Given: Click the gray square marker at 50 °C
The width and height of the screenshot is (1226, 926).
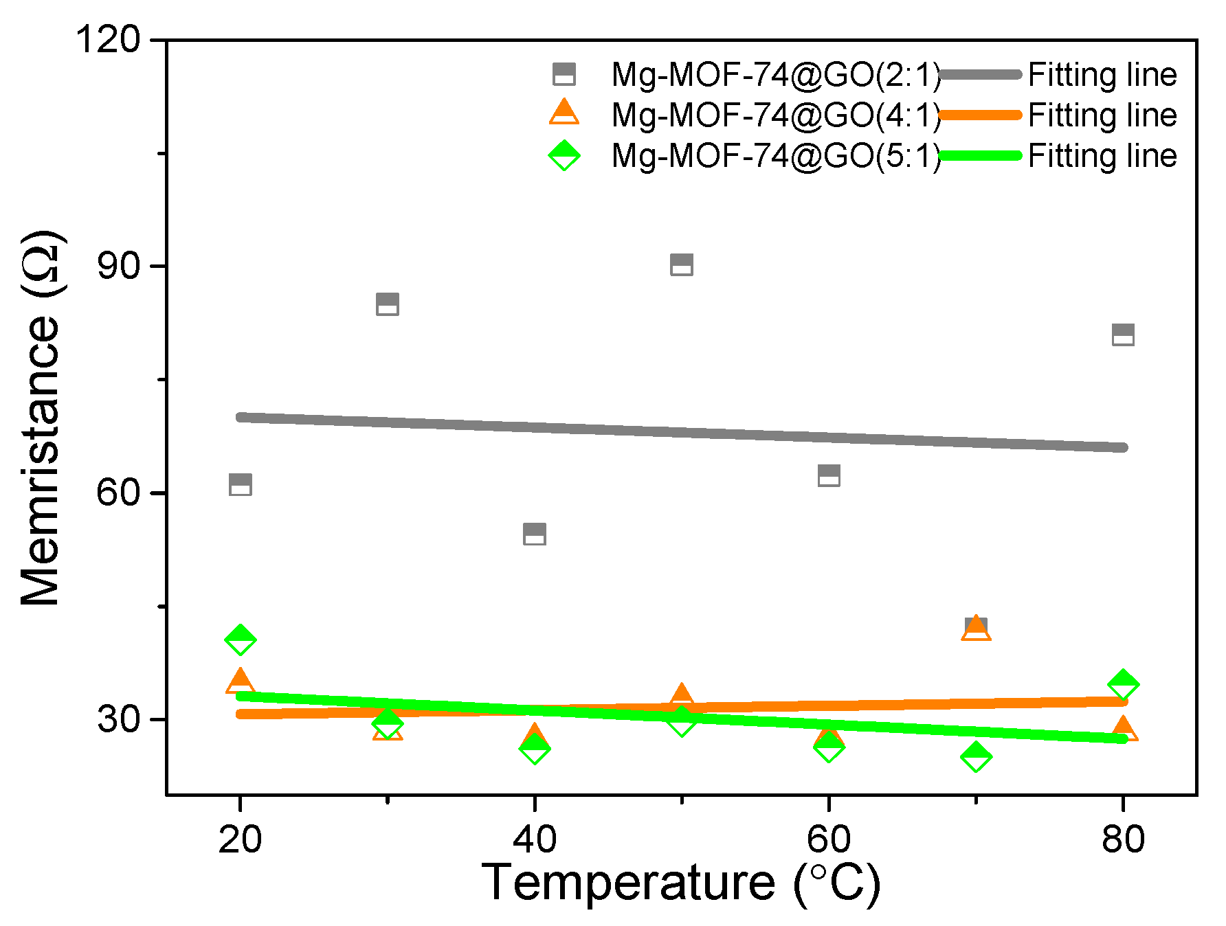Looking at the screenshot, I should click(681, 264).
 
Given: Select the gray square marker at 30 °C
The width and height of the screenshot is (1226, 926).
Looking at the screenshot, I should click(388, 304).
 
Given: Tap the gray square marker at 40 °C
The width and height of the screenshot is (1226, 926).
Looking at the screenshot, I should click(535, 534).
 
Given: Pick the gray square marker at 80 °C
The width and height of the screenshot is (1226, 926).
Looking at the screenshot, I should click(1123, 335).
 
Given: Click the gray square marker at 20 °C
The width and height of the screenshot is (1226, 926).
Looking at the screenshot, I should click(240, 484).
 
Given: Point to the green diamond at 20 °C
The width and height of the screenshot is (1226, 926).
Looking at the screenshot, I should click(240, 640).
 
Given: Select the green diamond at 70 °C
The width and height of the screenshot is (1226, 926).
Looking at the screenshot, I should click(976, 757).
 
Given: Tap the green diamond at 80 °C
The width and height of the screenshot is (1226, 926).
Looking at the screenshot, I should click(1123, 684).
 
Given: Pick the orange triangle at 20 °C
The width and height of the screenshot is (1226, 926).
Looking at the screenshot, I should click(240, 682).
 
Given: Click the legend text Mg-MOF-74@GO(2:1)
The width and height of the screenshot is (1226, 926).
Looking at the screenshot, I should click(776, 75).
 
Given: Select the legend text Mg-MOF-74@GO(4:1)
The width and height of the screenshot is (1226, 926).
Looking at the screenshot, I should click(776, 115).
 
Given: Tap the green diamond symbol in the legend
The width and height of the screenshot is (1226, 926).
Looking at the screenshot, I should click(564, 156).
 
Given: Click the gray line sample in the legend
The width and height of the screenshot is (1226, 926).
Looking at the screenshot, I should click(980, 74).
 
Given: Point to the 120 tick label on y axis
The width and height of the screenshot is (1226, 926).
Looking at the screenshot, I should click(107, 39).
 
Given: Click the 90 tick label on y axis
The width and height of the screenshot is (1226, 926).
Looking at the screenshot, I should click(118, 266).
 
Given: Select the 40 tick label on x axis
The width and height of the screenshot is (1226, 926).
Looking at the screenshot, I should click(535, 839).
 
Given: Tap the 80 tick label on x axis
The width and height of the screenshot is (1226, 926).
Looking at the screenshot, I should click(1123, 839).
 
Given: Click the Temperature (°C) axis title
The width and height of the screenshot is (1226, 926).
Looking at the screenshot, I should click(680, 883).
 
